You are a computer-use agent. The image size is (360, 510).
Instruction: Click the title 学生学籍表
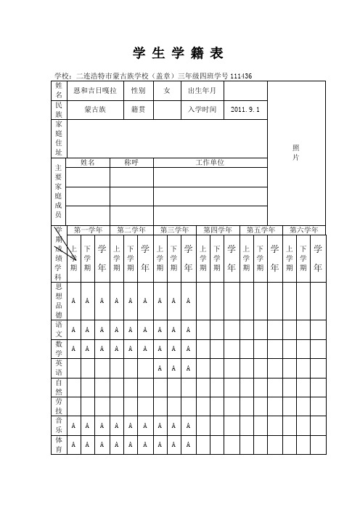(x=179, y=53)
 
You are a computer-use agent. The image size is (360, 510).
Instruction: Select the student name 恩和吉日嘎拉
(x=95, y=90)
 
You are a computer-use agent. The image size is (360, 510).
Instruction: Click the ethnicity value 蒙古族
(x=95, y=109)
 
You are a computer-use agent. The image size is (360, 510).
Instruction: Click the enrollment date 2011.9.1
(x=246, y=109)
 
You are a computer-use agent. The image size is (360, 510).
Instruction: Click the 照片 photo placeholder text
(x=296, y=152)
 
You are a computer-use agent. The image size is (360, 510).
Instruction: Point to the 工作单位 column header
(x=210, y=162)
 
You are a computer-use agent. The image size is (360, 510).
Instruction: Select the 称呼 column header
(x=131, y=162)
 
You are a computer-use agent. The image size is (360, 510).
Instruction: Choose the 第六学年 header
(x=304, y=230)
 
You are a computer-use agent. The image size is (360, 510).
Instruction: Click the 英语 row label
(x=59, y=368)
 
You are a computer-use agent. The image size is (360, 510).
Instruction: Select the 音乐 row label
(x=59, y=425)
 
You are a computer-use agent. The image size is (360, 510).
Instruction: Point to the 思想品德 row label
(x=59, y=301)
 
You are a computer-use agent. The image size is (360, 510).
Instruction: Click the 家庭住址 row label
(x=59, y=138)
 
